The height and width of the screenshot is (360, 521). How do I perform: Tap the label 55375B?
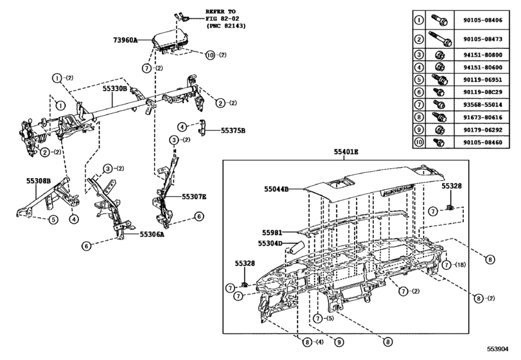click(233, 129)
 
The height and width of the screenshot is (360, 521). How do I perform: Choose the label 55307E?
click(193, 197)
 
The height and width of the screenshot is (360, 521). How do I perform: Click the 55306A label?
click(152, 235)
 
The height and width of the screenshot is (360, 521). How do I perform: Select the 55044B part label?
click(276, 189)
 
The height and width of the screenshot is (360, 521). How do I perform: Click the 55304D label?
click(270, 244)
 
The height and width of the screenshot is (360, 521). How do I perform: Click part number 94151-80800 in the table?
click(484, 55)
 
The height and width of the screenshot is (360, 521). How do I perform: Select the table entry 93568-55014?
click(484, 104)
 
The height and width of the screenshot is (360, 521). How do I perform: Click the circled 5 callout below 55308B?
click(53, 219)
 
